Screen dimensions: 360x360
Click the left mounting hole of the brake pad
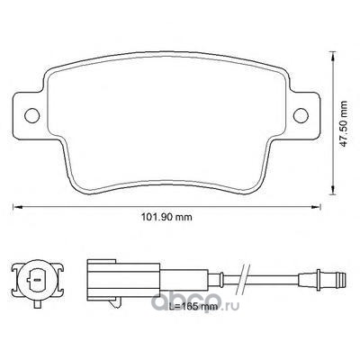tap(31, 115)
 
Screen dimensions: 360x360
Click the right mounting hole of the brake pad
tap(301, 115)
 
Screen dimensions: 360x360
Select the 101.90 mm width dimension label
tap(166, 217)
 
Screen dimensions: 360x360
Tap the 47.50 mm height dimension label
tap(344, 123)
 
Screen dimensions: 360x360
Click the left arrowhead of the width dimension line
tap(17, 206)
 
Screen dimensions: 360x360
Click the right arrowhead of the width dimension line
tap(316, 206)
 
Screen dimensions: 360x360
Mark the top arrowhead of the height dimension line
tap(332, 57)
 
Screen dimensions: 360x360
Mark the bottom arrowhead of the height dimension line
tap(332, 190)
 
